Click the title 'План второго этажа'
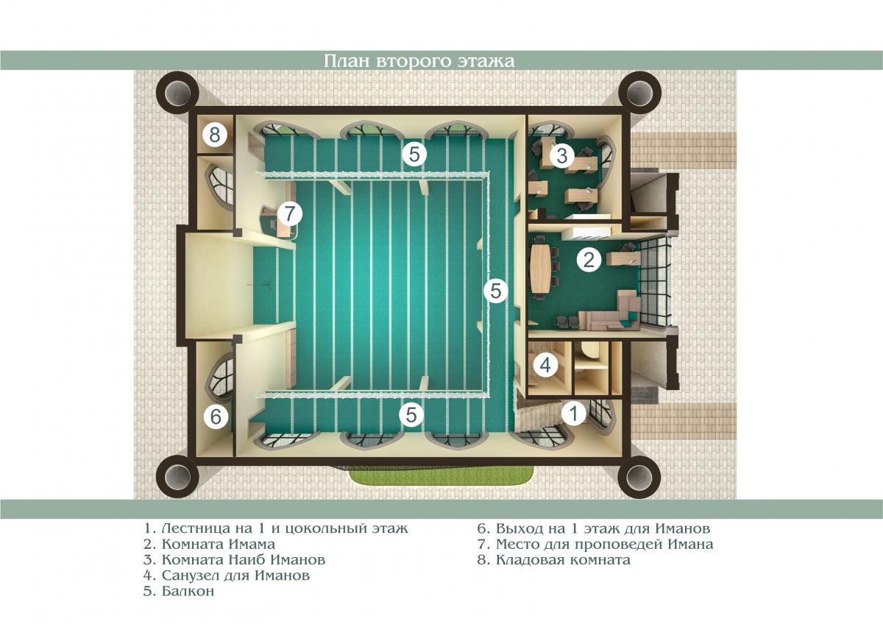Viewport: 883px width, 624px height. coord(419,61)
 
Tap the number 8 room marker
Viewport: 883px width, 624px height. coord(215,135)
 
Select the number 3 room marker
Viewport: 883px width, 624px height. coord(561,155)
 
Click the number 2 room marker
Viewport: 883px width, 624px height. coord(589,260)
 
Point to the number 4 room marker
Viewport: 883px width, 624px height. coord(545,366)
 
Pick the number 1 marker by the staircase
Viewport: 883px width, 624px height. coord(574,413)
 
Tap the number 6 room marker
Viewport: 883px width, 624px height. coord(216,416)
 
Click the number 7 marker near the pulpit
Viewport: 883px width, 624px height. coord(290,213)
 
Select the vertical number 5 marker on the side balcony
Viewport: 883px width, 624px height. coord(496,291)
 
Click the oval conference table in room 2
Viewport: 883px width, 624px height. coord(542,268)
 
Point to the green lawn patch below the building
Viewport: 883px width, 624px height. coord(441,477)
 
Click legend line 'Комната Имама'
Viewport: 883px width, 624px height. coord(209,545)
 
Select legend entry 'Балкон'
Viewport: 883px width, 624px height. coord(179,592)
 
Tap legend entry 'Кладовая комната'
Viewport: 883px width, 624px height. coord(554,560)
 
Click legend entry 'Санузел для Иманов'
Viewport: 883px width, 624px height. coord(227,575)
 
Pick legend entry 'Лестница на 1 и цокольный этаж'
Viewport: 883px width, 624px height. coord(275,528)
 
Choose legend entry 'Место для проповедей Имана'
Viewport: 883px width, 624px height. coord(595,545)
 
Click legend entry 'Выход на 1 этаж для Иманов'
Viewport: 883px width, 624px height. coord(594,528)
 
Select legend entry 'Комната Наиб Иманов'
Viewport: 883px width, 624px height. coord(235,560)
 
